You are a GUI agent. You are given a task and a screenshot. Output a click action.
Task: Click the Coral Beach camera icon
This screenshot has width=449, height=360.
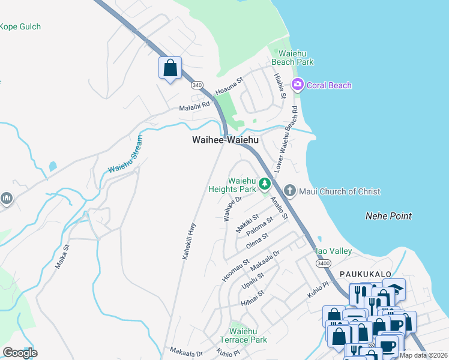coord(297,85)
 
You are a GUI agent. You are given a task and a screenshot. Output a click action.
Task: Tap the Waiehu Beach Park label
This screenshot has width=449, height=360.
coord(292,58)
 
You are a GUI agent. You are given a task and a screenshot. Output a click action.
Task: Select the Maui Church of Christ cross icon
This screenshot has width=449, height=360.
coord(289,191)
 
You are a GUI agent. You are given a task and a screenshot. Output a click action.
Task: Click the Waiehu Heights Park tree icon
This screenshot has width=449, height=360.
coord(264,184)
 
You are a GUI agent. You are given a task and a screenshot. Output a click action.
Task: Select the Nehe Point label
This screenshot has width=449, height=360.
coord(388,215)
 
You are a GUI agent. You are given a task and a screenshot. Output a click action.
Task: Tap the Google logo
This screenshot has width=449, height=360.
coord(20,352)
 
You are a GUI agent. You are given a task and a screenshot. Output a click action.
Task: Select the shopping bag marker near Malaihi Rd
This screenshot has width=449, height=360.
coord(170,67)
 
